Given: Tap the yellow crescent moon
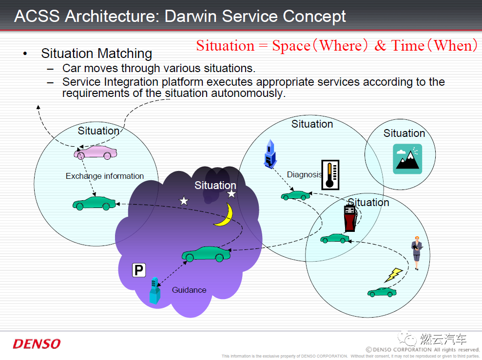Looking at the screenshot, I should (x=224, y=215).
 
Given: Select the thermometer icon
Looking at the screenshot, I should (x=330, y=174).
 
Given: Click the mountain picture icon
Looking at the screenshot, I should (x=407, y=159).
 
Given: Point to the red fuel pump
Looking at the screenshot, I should (x=349, y=218).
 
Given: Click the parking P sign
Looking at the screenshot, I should (x=139, y=270).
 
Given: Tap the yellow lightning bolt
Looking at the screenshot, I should (x=393, y=275).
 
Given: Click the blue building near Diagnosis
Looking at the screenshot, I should (x=270, y=153).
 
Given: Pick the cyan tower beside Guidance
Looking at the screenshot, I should (x=155, y=291).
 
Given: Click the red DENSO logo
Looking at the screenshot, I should (x=37, y=344).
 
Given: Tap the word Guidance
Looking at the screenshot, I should (x=189, y=290).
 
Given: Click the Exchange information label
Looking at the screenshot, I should (x=105, y=176).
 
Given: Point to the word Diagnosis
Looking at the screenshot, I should (x=304, y=174).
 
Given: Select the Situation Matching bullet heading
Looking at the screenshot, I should (x=96, y=53).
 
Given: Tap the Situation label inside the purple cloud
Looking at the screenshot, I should (x=215, y=185).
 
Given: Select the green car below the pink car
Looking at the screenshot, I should (x=94, y=203).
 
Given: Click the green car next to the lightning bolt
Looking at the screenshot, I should (x=382, y=292).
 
